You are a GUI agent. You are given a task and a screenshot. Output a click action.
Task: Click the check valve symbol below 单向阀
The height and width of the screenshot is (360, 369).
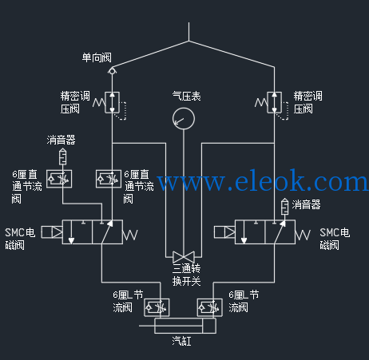[x=112, y=71]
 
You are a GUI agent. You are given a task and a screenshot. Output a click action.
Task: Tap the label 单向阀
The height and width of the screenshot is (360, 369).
[x=97, y=57]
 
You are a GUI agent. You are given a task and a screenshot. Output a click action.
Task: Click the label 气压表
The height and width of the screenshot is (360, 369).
[x=186, y=97]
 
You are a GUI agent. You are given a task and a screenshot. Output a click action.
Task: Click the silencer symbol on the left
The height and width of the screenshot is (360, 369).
[x=62, y=157]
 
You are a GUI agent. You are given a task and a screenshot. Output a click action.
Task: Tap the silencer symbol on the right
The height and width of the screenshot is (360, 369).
[x=285, y=207]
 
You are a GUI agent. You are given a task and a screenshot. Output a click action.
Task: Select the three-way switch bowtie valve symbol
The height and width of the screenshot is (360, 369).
[x=184, y=257]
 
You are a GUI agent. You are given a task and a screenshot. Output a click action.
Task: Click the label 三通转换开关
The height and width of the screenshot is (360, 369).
[x=186, y=275]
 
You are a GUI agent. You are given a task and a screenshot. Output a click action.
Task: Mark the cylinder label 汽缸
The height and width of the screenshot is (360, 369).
[x=181, y=341]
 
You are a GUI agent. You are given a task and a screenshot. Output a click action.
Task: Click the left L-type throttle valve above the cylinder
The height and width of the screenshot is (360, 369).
[x=157, y=308]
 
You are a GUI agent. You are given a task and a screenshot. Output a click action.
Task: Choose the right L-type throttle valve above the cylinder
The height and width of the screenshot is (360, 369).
[x=209, y=308]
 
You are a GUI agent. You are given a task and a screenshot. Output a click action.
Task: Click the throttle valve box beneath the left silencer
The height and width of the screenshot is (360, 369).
[x=59, y=179]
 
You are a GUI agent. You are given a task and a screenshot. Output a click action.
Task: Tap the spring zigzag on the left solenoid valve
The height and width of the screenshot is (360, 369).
[x=130, y=235]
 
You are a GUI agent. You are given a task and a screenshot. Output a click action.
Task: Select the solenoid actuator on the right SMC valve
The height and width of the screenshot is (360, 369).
[x=224, y=232]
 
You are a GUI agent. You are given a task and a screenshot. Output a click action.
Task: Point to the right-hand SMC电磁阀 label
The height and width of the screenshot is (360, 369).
[x=335, y=239]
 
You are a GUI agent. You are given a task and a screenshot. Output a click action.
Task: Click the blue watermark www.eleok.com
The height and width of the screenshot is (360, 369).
[x=263, y=181]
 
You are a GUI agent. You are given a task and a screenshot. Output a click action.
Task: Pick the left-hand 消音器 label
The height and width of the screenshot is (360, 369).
[x=61, y=140]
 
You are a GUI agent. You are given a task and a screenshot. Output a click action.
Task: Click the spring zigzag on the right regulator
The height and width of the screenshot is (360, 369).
[x=261, y=102]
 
